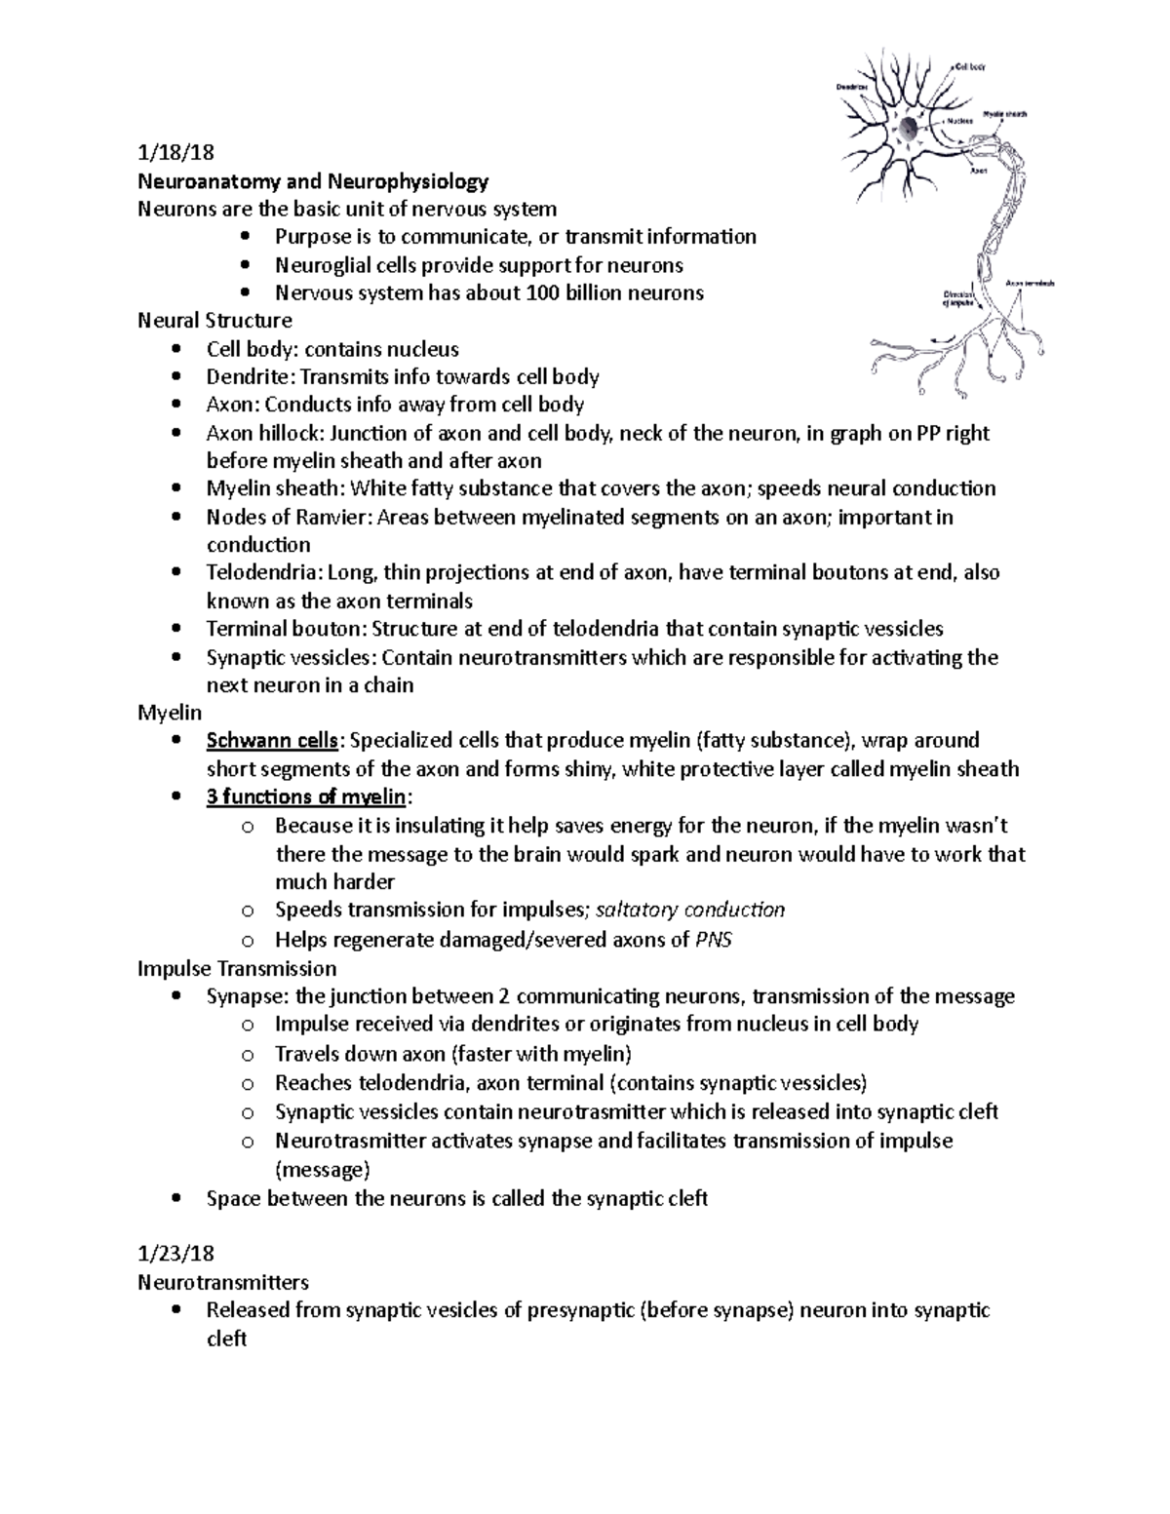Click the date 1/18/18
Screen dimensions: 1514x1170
click(175, 153)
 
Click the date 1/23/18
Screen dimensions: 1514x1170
click(175, 1253)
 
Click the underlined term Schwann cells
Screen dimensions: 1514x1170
click(272, 741)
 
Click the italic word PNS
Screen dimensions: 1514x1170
click(711, 940)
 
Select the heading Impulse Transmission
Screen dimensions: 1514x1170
click(237, 969)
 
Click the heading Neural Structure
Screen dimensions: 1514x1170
click(214, 321)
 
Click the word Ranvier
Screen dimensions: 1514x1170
click(329, 517)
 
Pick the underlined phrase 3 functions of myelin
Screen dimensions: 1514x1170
click(305, 797)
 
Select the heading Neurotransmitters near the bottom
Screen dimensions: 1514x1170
click(223, 1281)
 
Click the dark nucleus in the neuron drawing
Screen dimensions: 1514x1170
click(908, 128)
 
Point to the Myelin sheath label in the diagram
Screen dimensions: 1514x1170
click(1004, 114)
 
